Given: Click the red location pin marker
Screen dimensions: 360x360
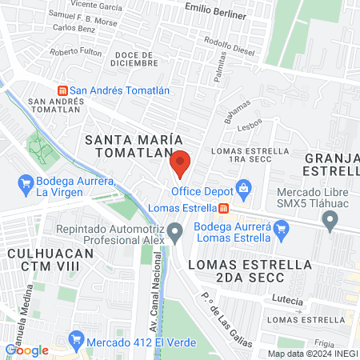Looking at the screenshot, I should point(180,163).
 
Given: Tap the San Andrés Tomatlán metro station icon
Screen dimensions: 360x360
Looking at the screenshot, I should point(62,90).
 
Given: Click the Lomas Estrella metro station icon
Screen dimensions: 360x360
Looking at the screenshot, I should point(223,209).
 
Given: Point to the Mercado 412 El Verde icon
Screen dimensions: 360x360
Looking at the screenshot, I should point(76,338).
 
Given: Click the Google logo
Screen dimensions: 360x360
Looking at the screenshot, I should point(27,350).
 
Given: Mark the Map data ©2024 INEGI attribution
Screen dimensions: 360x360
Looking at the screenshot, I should point(312,354).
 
